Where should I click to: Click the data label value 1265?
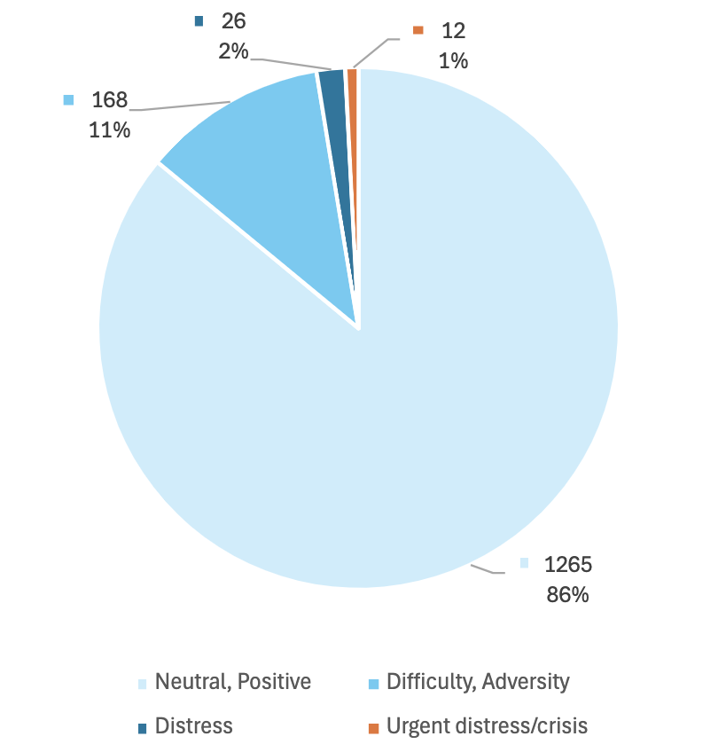tap(567, 564)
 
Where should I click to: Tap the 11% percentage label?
tap(110, 129)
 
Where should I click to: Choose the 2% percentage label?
tap(233, 51)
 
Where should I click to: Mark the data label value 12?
tap(452, 30)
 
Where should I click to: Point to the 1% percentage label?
tap(452, 61)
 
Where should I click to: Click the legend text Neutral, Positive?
tap(233, 682)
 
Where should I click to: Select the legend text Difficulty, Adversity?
tap(478, 682)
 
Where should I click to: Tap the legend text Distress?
tap(193, 726)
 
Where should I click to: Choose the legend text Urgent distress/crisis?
tap(487, 726)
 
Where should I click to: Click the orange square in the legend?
tap(373, 728)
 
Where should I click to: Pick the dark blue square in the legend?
tap(142, 728)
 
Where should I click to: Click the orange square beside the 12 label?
tap(418, 30)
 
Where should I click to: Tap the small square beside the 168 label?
tap(68, 99)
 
